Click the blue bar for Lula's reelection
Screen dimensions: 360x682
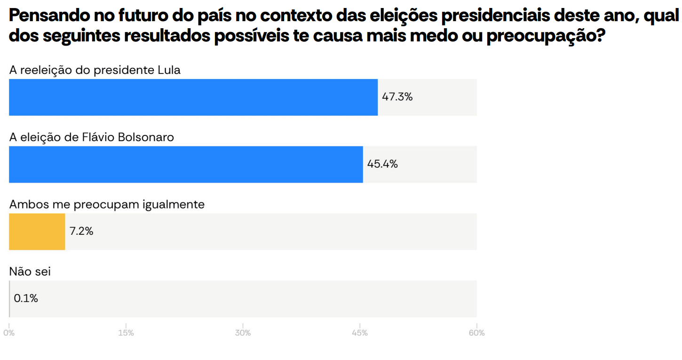(x=193, y=97)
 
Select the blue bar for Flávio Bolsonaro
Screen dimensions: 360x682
(x=186, y=164)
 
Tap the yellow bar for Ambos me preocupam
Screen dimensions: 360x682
(x=37, y=232)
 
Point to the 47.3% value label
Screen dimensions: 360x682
(x=397, y=97)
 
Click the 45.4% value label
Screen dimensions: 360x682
(x=382, y=164)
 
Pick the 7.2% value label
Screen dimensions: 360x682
(x=81, y=232)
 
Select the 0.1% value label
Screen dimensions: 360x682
(x=26, y=298)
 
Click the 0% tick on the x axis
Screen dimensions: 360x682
(x=9, y=333)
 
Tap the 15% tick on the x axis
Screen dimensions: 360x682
(x=126, y=333)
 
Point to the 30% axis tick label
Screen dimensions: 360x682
(x=243, y=333)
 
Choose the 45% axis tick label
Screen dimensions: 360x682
(x=360, y=333)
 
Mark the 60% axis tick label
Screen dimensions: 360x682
(x=476, y=333)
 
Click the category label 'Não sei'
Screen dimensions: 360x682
(x=30, y=272)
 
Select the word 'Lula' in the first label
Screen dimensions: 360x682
(x=167, y=70)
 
